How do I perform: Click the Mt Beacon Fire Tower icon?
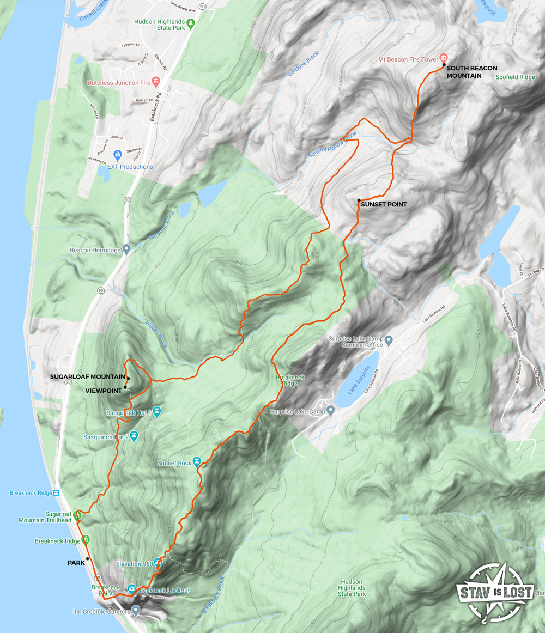pos(444,58)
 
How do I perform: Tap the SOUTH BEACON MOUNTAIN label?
pos(471,72)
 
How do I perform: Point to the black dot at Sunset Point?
pos(358,200)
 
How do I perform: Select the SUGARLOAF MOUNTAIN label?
pos(87,376)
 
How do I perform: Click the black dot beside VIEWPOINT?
pos(125,387)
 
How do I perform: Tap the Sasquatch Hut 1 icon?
pos(157,410)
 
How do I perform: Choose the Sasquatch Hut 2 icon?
pos(134,436)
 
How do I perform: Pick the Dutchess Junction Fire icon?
pos(156,82)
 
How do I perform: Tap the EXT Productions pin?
pos(117,156)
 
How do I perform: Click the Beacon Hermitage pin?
pos(126,250)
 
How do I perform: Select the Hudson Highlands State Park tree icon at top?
pos(190,23)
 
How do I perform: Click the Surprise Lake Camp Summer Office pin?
pos(389,341)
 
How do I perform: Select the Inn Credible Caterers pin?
pos(136,611)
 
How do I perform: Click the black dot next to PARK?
pos(87,558)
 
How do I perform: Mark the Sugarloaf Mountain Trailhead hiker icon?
pos(77,514)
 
